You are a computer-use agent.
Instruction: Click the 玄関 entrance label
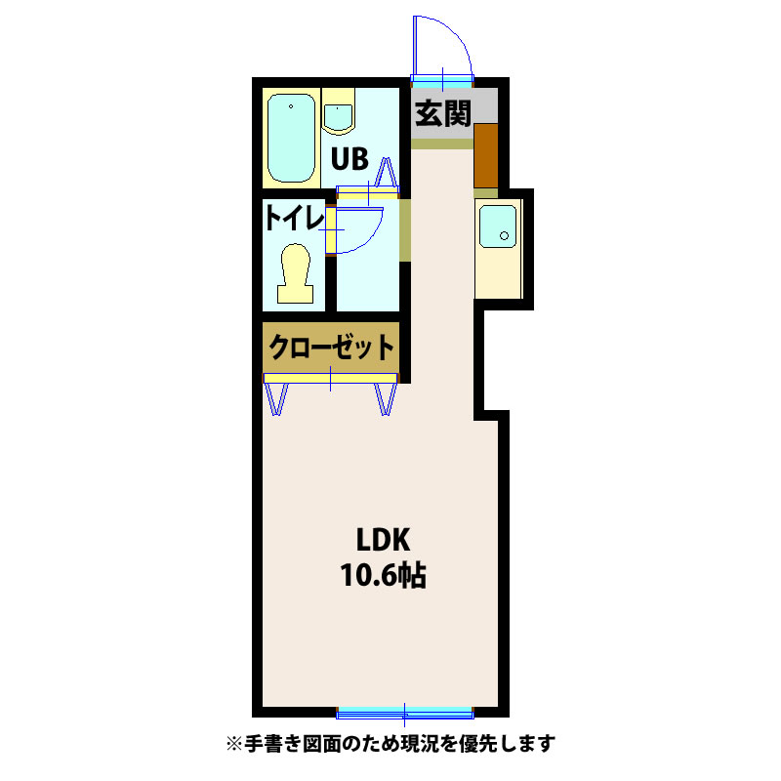pyautogui.click(x=443, y=114)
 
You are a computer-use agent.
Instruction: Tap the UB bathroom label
pyautogui.click(x=348, y=158)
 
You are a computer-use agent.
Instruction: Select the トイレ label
pyautogui.click(x=293, y=218)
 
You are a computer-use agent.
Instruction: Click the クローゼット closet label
pyautogui.click(x=332, y=347)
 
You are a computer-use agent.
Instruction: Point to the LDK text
pyautogui.click(x=381, y=540)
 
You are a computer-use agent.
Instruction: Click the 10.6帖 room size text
pyautogui.click(x=382, y=575)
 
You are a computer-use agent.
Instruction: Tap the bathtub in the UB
pyautogui.click(x=291, y=139)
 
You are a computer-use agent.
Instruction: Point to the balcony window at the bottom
pyautogui.click(x=405, y=709)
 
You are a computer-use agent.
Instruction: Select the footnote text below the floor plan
pyautogui.click(x=390, y=744)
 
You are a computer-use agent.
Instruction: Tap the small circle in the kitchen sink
pyautogui.click(x=504, y=234)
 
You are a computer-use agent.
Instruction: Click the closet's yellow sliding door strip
pyautogui.click(x=330, y=378)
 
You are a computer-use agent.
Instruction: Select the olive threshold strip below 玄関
pyautogui.click(x=443, y=144)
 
